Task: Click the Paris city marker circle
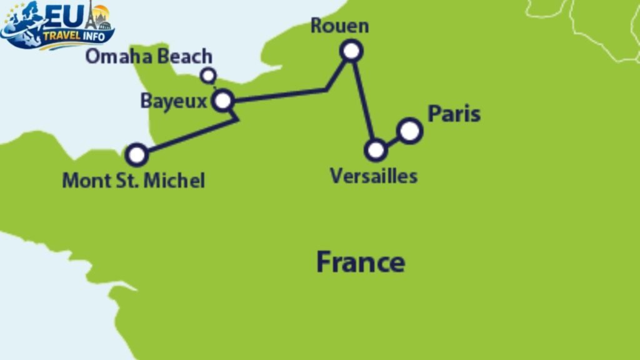point(409,131)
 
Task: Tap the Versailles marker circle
point(376,150)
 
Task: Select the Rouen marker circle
point(352,51)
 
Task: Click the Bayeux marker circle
point(223,101)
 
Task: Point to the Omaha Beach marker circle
point(208,76)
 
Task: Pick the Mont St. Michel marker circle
point(137,154)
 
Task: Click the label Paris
point(454,114)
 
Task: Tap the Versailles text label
point(373,176)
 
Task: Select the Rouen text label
point(339,26)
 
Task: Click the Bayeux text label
point(173,101)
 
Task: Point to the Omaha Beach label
point(149,57)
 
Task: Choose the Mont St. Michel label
point(133,181)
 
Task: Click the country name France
point(360,261)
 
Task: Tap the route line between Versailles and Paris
point(392,141)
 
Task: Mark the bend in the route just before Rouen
point(327,90)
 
